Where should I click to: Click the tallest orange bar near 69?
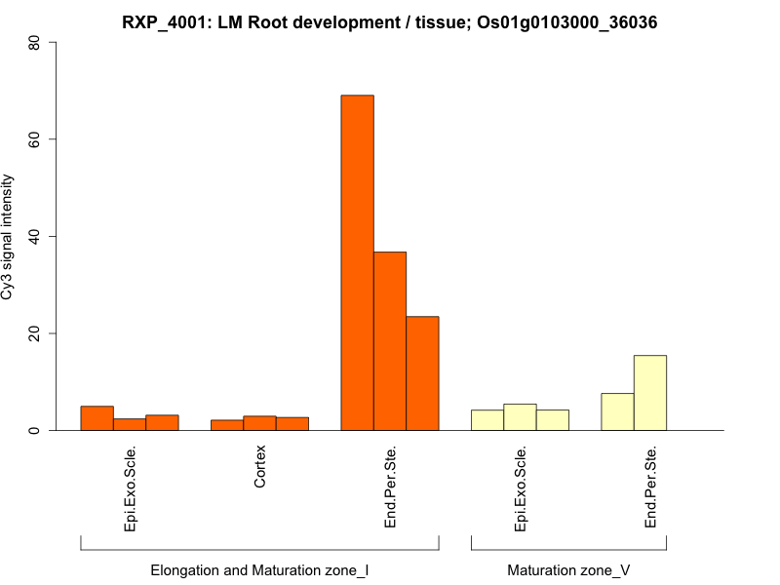(357, 262)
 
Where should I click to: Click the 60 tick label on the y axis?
(34, 139)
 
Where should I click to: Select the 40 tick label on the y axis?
(34, 236)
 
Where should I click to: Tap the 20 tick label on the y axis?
(34, 333)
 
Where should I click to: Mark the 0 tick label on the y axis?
(34, 430)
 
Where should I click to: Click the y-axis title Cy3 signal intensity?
(11, 237)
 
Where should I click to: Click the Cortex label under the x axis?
(259, 467)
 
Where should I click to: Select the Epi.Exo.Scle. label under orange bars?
(130, 488)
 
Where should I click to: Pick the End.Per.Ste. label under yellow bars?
(650, 487)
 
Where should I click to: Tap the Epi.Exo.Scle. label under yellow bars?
(520, 488)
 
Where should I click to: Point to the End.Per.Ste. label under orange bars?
(390, 487)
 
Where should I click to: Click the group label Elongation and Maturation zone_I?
(259, 569)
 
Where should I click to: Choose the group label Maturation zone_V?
(568, 569)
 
